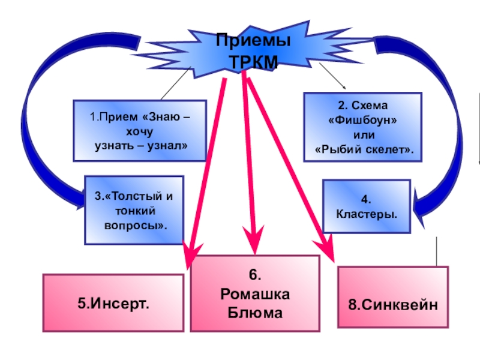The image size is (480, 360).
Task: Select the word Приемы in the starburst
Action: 253,42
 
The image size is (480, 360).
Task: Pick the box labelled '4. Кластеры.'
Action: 367,206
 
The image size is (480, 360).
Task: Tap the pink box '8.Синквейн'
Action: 393,304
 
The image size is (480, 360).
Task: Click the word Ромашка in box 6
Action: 254,294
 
